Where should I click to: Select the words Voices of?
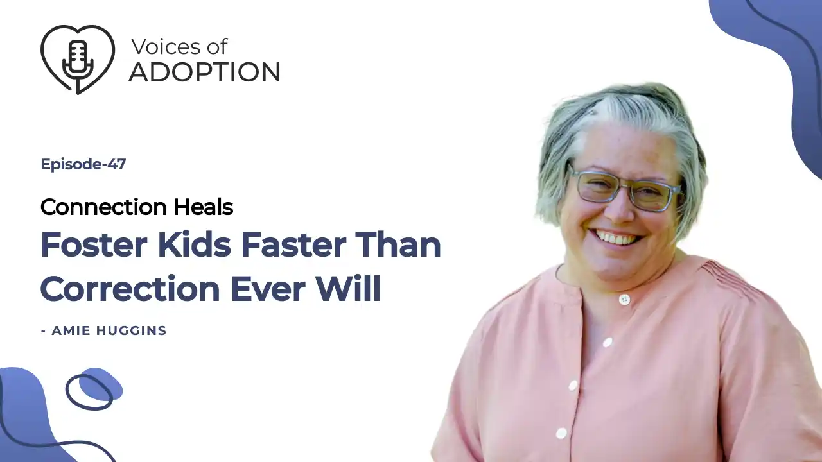pos(180,47)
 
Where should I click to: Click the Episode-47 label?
pos(83,164)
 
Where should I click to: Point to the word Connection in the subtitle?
pos(104,207)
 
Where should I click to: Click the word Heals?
pos(204,207)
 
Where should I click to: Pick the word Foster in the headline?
pos(94,245)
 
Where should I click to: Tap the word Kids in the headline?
pos(195,244)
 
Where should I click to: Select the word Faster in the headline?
pos(293,245)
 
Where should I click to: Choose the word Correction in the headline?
pos(130,289)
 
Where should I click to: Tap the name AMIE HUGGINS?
pos(109,330)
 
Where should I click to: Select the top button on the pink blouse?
pos(624,300)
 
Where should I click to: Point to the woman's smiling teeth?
pos(618,238)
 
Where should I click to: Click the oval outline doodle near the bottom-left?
pos(89,392)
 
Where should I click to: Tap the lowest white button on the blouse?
pos(561,433)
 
